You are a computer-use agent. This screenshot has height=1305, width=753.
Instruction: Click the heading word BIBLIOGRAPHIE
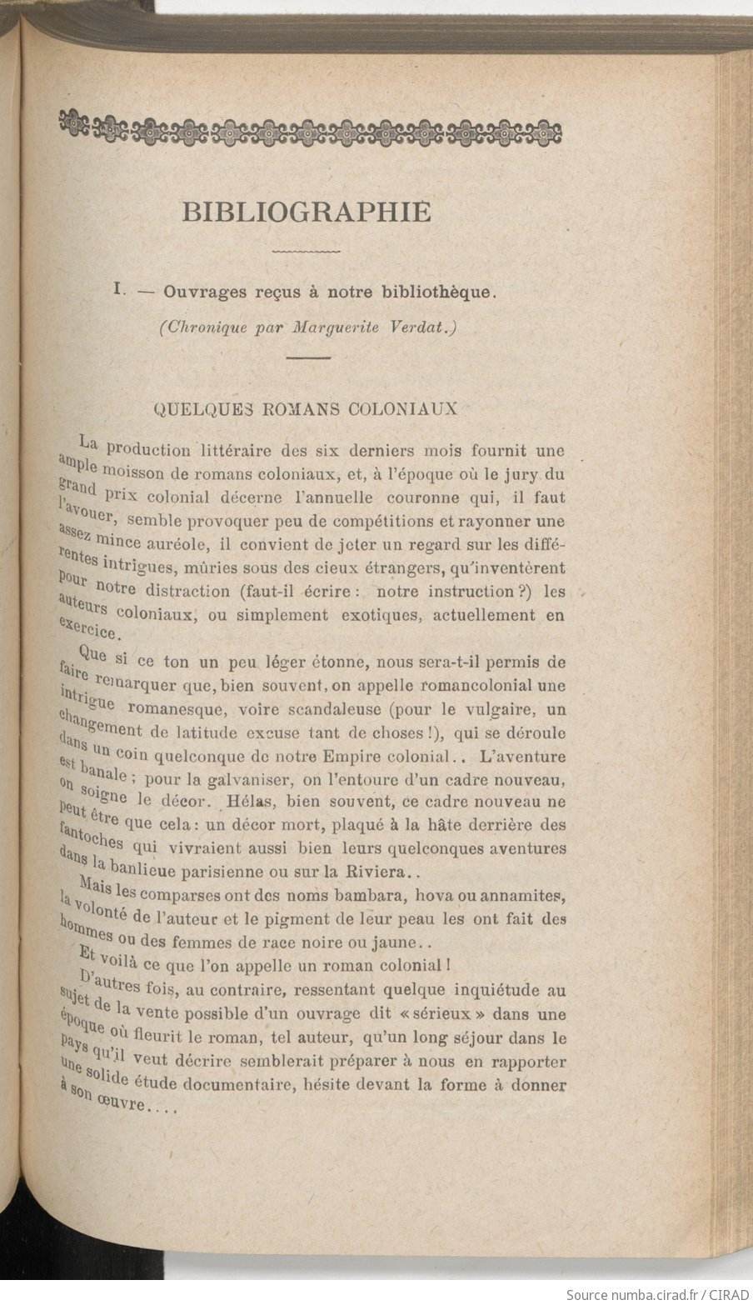307,212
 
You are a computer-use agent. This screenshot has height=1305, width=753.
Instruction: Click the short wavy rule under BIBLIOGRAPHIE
307,250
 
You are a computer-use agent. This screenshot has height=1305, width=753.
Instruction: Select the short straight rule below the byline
308,357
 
